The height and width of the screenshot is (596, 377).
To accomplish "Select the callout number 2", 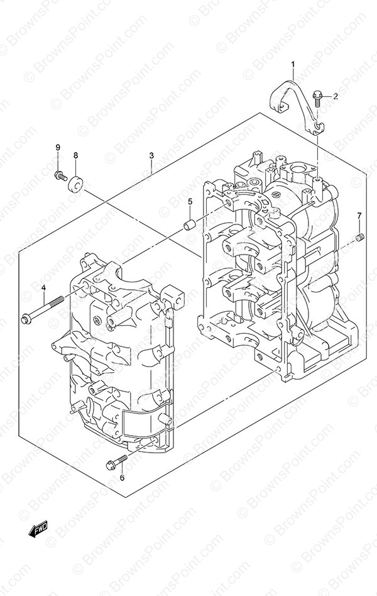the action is click(x=335, y=96).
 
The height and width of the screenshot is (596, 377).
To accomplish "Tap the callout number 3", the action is click(x=151, y=155).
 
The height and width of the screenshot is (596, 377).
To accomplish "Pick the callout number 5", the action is click(x=190, y=201).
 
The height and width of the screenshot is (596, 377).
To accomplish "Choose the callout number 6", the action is click(x=122, y=478).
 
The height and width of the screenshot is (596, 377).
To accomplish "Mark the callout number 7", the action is click(x=359, y=216).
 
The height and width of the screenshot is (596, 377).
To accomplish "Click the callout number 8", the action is click(x=75, y=155).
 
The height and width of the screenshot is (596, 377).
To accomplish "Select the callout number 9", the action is click(x=58, y=147).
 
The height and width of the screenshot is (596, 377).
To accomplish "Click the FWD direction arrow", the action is click(x=38, y=528).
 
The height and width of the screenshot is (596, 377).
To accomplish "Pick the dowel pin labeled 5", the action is click(x=189, y=224).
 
